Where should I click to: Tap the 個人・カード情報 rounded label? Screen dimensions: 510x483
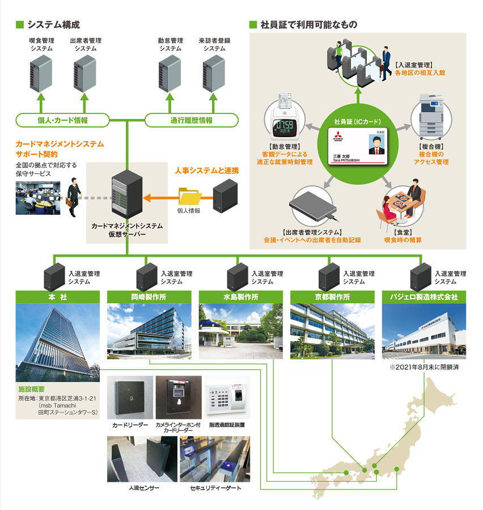[x=62, y=120]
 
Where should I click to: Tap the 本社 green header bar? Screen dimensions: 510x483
[x=58, y=297]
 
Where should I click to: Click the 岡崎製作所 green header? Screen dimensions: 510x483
[x=149, y=297]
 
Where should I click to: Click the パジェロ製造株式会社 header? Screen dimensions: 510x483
[x=423, y=297]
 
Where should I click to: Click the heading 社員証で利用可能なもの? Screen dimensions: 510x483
[x=308, y=25]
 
